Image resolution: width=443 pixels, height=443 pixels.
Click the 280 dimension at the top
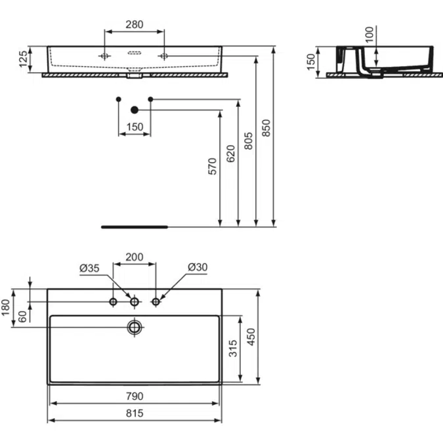(134, 25)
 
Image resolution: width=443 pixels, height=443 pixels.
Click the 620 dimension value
(230, 153)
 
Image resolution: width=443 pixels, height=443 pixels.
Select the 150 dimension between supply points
(134, 127)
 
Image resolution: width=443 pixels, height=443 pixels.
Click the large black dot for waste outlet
(135, 110)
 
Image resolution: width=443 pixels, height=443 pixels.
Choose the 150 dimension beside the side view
(310, 62)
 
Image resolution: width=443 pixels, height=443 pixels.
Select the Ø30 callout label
(198, 268)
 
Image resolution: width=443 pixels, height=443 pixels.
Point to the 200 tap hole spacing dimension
(135, 257)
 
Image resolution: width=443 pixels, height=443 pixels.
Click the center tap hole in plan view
(135, 301)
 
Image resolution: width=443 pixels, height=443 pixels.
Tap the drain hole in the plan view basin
(135, 326)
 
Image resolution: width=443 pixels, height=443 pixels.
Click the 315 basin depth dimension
(232, 348)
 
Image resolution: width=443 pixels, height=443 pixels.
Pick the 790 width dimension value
(135, 396)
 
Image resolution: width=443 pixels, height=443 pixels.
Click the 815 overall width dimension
(135, 413)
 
